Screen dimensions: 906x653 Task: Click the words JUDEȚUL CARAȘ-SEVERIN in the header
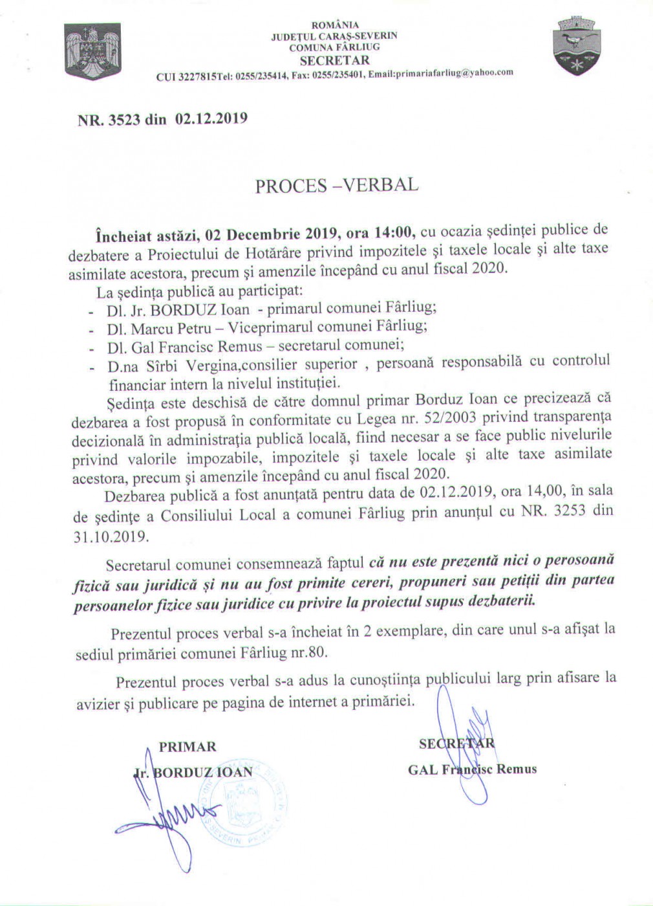pos(334,36)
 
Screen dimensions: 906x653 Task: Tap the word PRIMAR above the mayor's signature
pos(187,747)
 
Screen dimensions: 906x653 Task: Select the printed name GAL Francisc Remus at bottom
pos(472,769)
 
